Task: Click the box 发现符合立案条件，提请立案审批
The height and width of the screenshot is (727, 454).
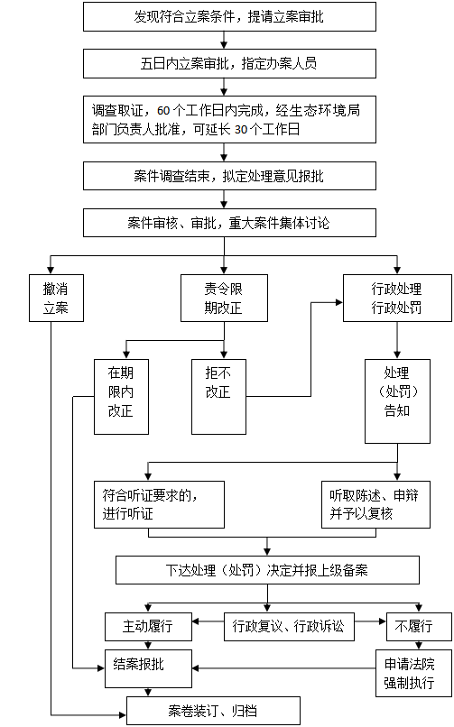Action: (229, 17)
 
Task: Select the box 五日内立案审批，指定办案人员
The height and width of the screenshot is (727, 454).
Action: (229, 63)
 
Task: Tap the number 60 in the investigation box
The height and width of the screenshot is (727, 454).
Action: (163, 111)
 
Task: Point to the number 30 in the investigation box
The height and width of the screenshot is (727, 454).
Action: (241, 129)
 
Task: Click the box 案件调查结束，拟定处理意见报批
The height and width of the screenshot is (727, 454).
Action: (229, 176)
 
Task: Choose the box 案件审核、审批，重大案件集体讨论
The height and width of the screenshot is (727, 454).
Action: (229, 223)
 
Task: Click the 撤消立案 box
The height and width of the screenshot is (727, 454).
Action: (56, 299)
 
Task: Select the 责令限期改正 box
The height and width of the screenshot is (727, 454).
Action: (224, 299)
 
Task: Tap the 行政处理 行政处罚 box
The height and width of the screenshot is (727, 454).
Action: (397, 299)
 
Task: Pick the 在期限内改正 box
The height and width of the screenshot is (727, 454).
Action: (121, 397)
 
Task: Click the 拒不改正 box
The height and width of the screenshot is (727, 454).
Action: (218, 397)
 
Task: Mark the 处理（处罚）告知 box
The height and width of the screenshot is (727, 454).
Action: (397, 401)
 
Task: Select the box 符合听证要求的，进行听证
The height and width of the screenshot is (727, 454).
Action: (159, 504)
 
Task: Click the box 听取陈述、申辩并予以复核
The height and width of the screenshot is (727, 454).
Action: (375, 504)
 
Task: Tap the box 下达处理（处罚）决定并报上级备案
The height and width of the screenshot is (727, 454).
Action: (267, 570)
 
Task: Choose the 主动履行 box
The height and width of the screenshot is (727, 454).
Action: (148, 627)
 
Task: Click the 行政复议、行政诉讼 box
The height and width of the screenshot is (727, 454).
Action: (289, 627)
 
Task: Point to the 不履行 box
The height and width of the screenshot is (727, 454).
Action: (419, 627)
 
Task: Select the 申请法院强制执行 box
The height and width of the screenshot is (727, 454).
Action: (413, 673)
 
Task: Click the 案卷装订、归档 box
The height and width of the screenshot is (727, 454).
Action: (213, 711)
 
